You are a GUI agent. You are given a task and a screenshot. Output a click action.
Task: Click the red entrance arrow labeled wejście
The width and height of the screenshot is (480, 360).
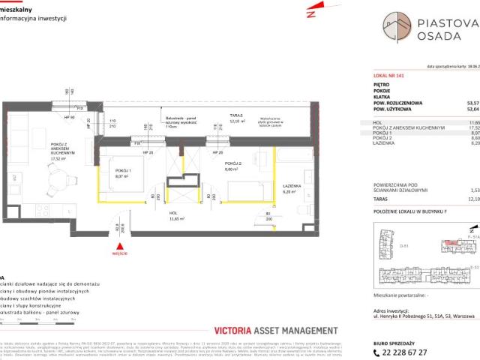click(x=118, y=244)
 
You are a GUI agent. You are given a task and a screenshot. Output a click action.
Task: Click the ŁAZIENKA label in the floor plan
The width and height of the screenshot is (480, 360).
click(x=292, y=188)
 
